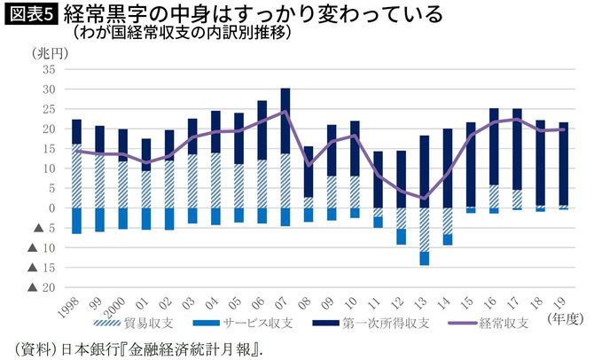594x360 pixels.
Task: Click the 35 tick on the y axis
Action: point(49,69)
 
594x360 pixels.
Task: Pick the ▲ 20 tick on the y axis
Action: point(43,287)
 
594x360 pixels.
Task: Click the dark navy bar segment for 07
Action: point(285,121)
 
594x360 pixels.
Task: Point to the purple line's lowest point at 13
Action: point(425,198)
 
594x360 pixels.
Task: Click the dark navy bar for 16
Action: point(494,146)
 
